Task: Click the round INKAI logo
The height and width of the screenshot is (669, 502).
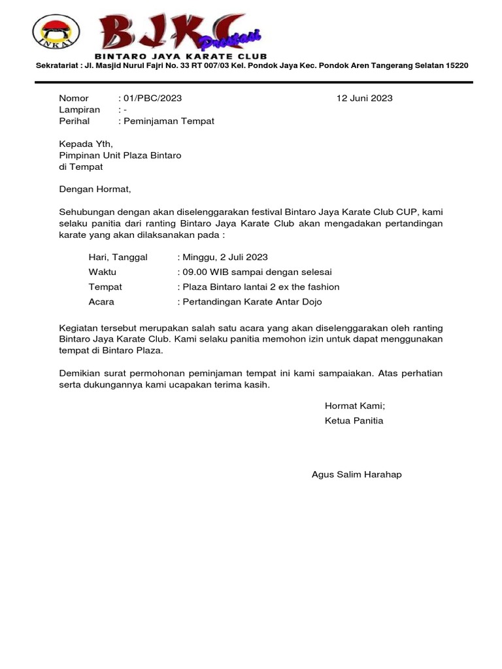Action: pyautogui.click(x=56, y=32)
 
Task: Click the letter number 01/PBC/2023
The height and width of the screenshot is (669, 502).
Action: pyautogui.click(x=150, y=98)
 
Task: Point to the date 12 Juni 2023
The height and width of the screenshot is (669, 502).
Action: pyautogui.click(x=364, y=98)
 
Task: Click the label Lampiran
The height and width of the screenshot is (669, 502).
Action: pyautogui.click(x=79, y=110)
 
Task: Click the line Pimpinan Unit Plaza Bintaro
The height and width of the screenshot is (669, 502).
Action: pyautogui.click(x=120, y=155)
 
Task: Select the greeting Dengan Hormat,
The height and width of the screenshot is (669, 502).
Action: pyautogui.click(x=95, y=189)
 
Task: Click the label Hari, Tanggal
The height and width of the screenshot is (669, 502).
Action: pyautogui.click(x=118, y=257)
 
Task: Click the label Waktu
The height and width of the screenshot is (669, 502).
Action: pyautogui.click(x=103, y=272)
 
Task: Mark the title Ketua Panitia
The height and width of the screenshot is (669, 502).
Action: pyautogui.click(x=354, y=420)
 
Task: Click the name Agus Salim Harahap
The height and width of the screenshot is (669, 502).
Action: pyautogui.click(x=356, y=474)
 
